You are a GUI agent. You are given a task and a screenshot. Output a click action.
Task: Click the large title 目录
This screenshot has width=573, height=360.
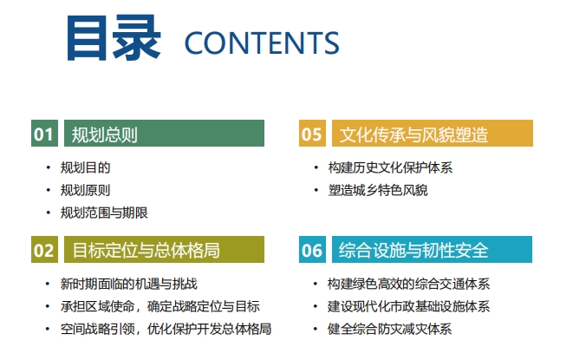coord(114,37)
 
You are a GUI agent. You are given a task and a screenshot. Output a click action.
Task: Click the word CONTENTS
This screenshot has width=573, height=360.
coord(262,43)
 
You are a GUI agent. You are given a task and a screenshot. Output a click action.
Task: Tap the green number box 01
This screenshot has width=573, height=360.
coord(44,134)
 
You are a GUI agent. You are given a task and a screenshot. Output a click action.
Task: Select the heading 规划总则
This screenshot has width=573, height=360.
coord(105,134)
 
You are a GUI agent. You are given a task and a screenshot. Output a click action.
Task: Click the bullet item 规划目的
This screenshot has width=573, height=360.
coord(86,167)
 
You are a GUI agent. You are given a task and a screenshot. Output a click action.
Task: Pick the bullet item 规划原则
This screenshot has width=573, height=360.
coord(86,190)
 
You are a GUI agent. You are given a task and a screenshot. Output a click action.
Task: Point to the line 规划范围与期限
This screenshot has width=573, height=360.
coord(104,213)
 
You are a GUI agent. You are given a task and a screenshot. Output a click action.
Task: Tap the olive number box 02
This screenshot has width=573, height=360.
coord(44,250)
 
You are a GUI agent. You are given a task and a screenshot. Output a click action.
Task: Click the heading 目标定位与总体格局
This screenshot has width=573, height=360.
coord(146,251)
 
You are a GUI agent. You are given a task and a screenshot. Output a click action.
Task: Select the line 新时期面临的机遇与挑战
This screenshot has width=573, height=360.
coord(129,284)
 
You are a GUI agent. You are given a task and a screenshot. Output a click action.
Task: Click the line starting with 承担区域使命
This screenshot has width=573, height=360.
coord(160,306)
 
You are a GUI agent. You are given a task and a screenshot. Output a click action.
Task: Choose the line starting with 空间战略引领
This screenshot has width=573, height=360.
coord(166,330)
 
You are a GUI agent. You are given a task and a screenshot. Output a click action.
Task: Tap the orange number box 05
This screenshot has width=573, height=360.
coord(312,134)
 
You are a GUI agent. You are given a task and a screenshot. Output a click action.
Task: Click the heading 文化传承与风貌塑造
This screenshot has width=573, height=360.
coord(413,134)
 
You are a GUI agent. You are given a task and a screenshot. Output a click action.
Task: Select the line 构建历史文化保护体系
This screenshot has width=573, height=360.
coord(390,167)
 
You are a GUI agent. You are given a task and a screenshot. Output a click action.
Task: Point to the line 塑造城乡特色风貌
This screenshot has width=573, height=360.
coord(378,190)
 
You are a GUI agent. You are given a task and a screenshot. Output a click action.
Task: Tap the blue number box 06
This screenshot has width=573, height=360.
coord(312,250)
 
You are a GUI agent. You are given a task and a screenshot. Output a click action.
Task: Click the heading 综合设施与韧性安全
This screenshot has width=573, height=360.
coord(413,251)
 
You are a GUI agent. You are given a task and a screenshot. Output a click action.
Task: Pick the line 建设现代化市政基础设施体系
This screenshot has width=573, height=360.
coord(408,306)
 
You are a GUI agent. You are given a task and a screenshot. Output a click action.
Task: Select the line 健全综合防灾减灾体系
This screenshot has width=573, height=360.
coord(389,330)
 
